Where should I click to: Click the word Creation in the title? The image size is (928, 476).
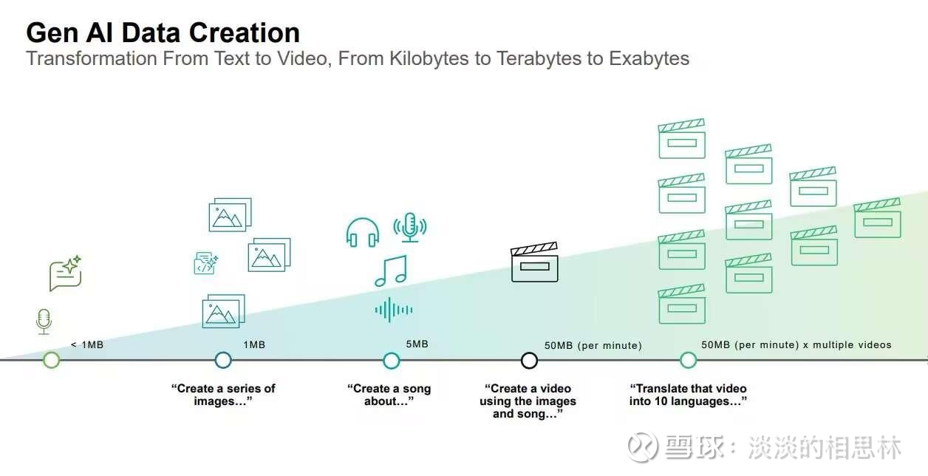[245, 33]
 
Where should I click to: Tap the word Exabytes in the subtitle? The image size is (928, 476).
[649, 59]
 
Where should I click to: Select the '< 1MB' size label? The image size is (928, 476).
[87, 344]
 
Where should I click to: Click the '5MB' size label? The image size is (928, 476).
[417, 344]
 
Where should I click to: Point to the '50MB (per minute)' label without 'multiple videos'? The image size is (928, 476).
[593, 345]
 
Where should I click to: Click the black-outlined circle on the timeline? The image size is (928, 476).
[529, 361]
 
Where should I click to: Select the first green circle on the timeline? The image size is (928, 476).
[52, 360]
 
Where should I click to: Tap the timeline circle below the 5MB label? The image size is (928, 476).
[391, 361]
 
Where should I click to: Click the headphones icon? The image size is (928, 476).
[363, 233]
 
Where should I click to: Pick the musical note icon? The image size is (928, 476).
[391, 271]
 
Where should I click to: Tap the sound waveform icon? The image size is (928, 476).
[394, 310]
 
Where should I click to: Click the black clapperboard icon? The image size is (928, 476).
[534, 262]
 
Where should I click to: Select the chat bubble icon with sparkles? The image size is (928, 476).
[66, 273]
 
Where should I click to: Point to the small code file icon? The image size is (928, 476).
[205, 263]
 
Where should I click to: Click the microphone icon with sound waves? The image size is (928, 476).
[410, 228]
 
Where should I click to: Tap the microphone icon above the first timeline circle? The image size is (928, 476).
[44, 322]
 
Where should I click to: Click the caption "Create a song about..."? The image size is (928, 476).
[389, 395]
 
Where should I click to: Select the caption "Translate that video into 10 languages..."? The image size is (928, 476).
[688, 395]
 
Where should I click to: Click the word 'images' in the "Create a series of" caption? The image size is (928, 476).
[214, 401]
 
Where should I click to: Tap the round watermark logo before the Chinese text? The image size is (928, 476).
[643, 446]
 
